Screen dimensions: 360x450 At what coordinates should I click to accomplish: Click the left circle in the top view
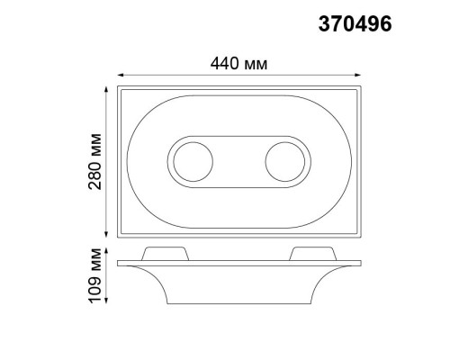point(192,164)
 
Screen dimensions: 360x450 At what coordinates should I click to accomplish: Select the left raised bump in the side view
point(166,253)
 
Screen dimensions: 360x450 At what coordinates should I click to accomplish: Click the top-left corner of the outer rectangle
point(118,88)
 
